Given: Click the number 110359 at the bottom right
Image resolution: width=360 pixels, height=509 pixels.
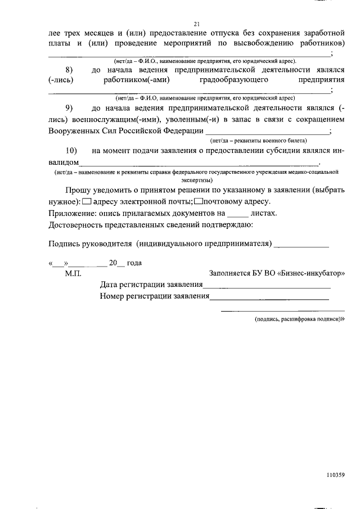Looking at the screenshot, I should pos(334,474).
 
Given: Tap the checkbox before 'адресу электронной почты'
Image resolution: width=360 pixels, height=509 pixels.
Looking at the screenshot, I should pos(86,201).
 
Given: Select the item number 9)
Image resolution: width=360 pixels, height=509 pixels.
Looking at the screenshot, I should pos(70,107).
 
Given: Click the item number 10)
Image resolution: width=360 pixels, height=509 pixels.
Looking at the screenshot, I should pos(71,151).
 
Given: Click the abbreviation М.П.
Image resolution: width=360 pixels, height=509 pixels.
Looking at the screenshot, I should pos(73,273).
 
